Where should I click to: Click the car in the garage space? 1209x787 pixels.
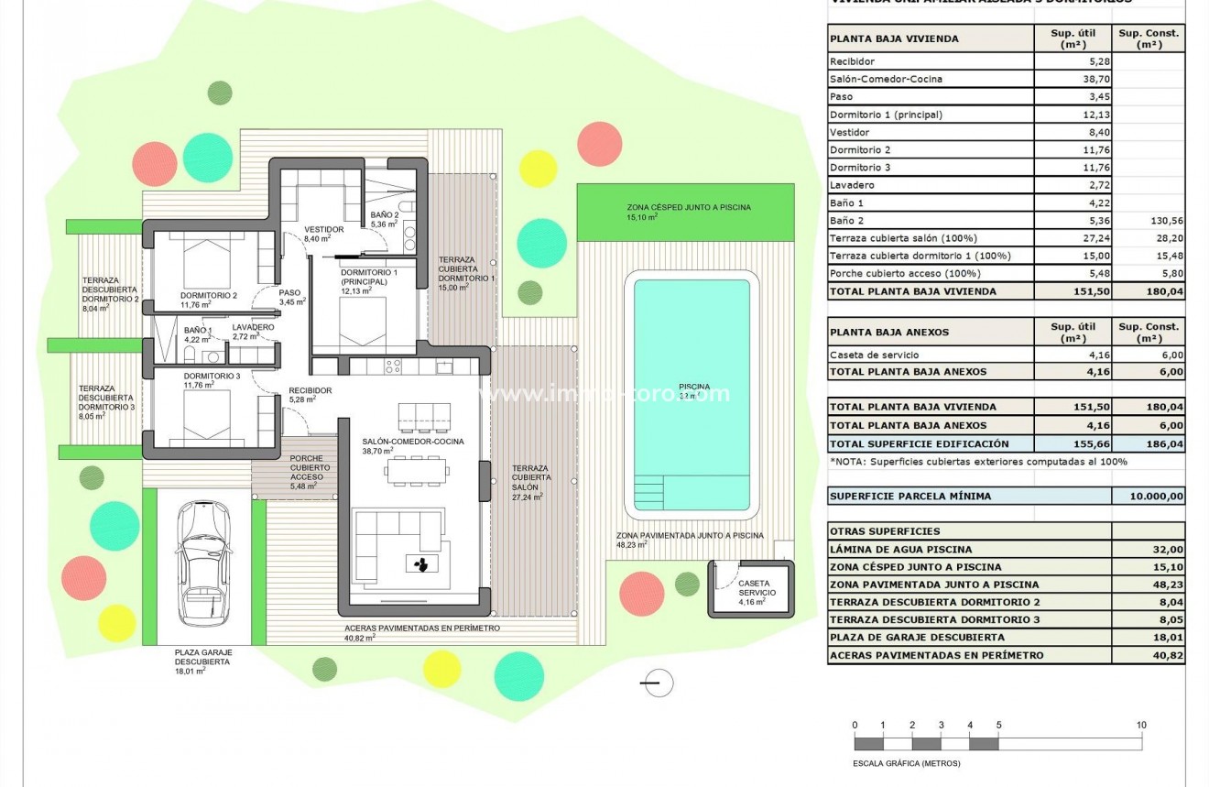coord(203,563)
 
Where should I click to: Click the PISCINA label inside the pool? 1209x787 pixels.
coord(694,387)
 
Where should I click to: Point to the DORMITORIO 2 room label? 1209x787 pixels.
coord(210,295)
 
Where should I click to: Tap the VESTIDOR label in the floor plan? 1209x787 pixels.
coord(324,229)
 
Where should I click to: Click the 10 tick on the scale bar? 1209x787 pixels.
coord(1141,725)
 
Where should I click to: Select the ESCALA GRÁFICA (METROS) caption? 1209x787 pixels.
coord(900,762)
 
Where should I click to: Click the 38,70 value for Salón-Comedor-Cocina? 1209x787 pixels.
coord(1068,79)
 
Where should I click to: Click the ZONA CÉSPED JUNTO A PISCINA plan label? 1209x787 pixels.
coord(689,208)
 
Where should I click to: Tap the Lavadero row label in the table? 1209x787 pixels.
coord(851,185)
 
